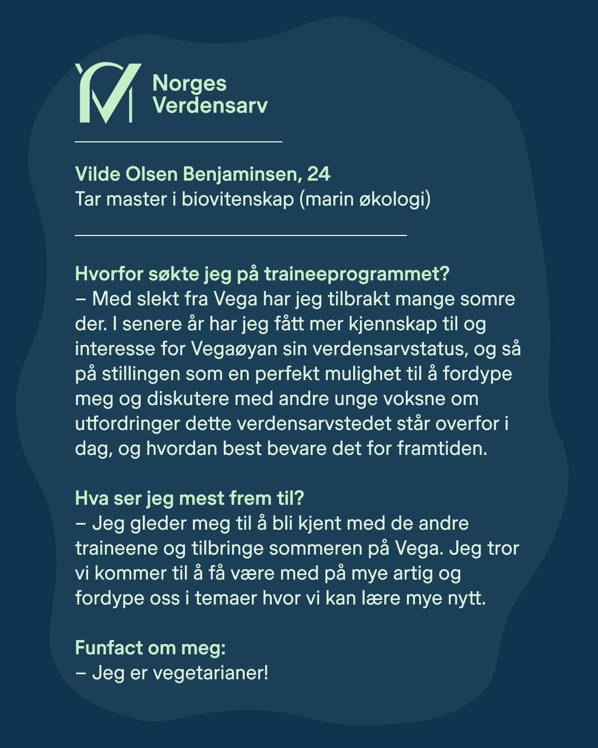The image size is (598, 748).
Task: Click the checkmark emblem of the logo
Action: [108, 93]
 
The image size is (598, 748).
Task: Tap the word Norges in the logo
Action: [189, 84]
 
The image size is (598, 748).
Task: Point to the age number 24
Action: [318, 174]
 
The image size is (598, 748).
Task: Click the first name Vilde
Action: [97, 174]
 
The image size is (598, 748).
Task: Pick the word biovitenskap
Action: [238, 199]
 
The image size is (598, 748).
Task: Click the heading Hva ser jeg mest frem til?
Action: [189, 498]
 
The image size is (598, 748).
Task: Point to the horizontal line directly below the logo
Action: [178, 142]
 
